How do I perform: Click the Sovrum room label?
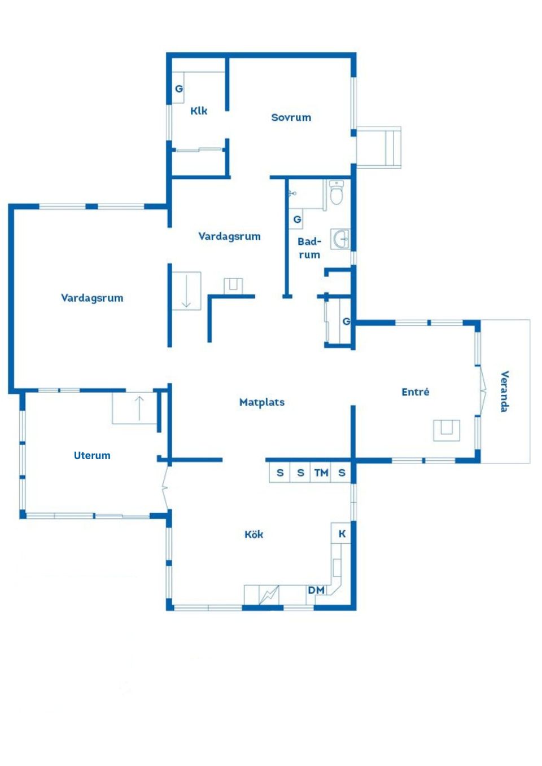click(291, 117)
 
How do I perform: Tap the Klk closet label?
click(199, 111)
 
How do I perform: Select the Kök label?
click(253, 534)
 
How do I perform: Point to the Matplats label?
click(261, 402)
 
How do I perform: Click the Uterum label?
click(92, 455)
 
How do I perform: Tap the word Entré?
click(415, 392)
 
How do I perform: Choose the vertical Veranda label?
click(504, 391)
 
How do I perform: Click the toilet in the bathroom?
click(336, 192)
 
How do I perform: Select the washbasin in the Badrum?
click(341, 239)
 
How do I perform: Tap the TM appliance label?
click(321, 473)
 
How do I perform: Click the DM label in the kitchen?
click(316, 590)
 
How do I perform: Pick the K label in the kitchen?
click(342, 534)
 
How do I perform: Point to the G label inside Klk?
click(178, 89)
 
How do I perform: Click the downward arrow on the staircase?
click(186, 291)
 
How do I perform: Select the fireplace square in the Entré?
click(447, 430)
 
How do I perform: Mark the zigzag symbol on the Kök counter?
click(269, 595)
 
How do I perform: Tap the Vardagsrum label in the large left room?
click(92, 298)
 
